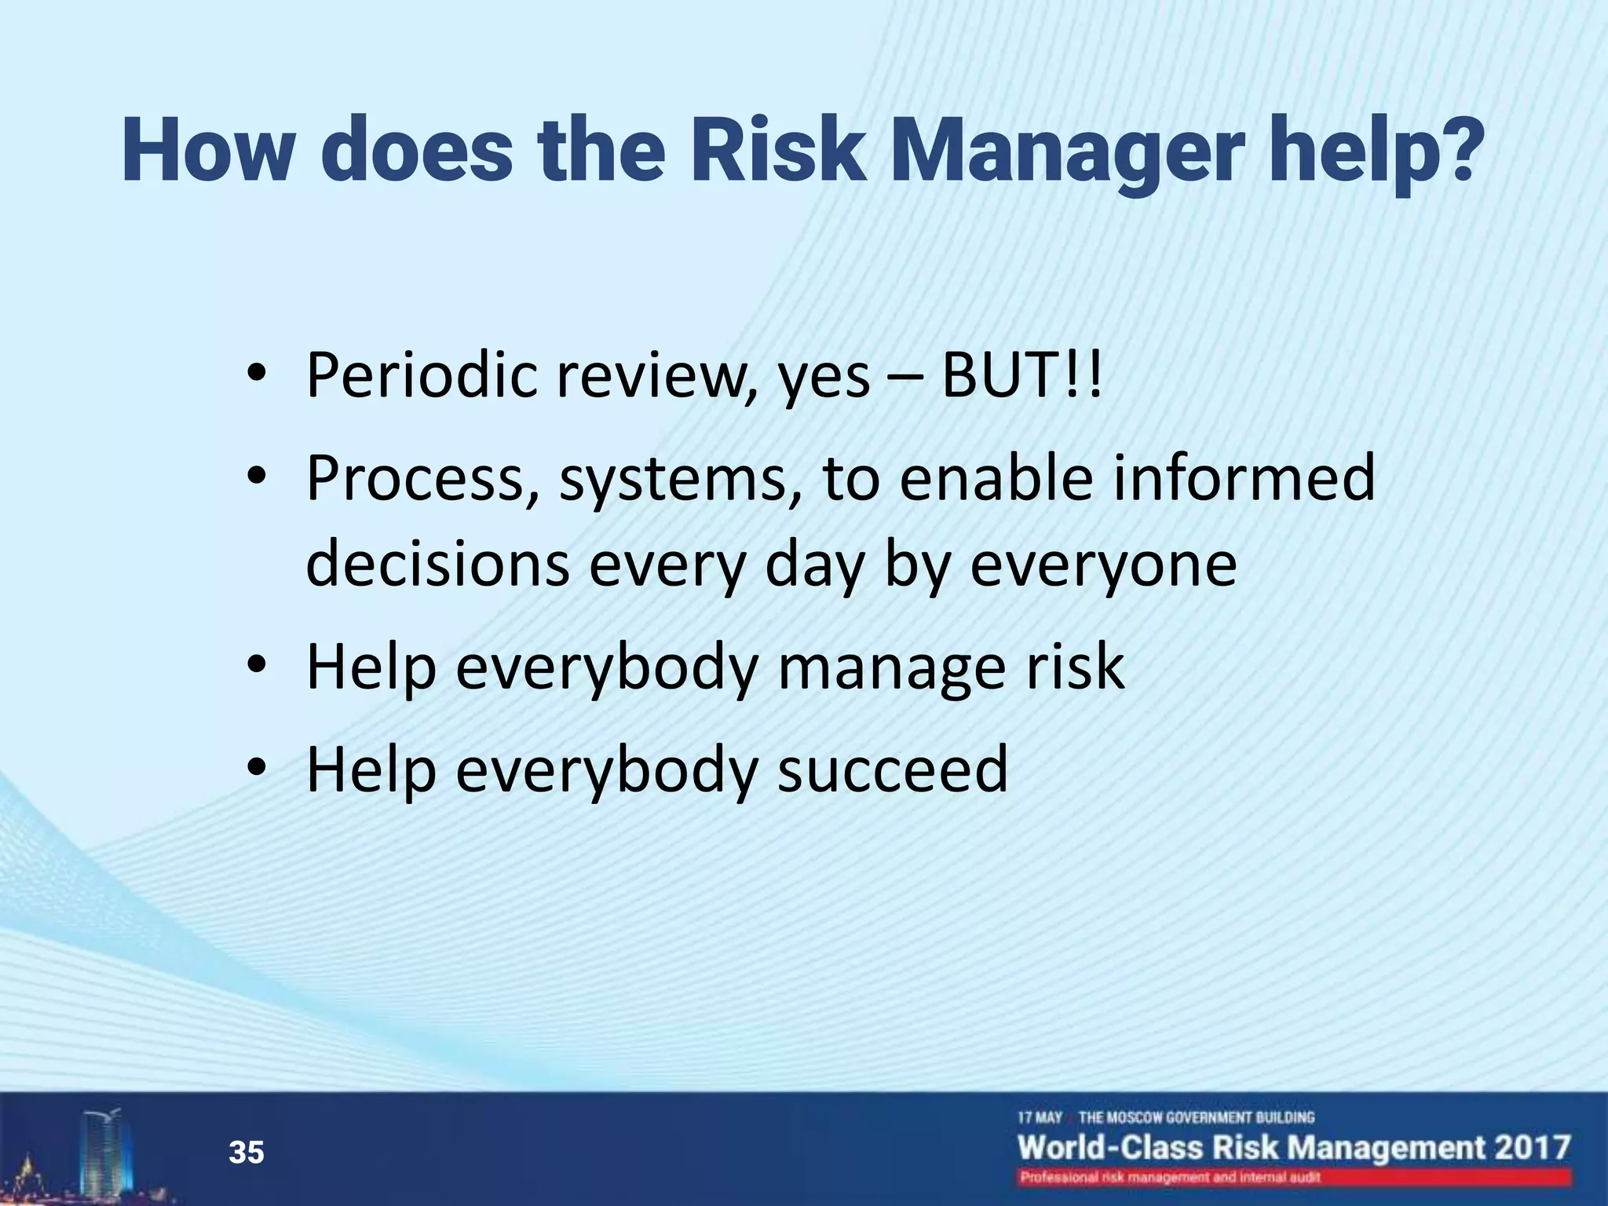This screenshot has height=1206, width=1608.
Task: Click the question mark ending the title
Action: click(1449, 149)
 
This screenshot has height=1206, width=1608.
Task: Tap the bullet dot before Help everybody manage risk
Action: click(257, 665)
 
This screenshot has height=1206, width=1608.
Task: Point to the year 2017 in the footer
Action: click(1531, 1147)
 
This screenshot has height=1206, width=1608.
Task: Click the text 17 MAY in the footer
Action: click(1040, 1117)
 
